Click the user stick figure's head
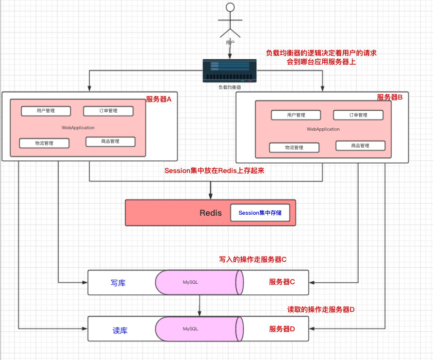[230, 7]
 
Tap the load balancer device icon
[230, 71]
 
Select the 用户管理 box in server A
[46, 111]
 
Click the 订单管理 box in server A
[108, 111]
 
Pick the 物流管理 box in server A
[44, 143]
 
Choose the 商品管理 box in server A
[110, 141]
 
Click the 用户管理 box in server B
[296, 115]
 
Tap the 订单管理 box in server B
[358, 115]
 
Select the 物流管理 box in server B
[294, 148]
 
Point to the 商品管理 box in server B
[360, 146]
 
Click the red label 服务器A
[159, 99]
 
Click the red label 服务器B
[390, 97]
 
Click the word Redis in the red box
[211, 213]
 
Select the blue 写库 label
[118, 283]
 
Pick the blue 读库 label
[119, 330]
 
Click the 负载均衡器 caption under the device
[230, 87]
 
